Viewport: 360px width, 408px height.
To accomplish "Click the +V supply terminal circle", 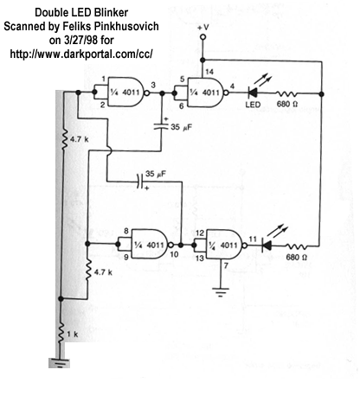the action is click(x=203, y=37).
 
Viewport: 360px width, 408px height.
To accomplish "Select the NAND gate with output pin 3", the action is click(x=127, y=92).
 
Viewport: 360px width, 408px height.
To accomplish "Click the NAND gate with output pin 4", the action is click(x=207, y=92).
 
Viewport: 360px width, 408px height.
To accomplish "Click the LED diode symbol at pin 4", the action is click(x=253, y=92).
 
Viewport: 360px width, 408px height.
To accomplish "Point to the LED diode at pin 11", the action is click(x=267, y=245).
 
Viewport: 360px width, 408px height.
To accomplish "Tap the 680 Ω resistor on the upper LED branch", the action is click(x=286, y=93).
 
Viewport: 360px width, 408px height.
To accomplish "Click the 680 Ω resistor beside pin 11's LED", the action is click(x=296, y=246).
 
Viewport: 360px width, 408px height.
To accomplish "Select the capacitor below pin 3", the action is click(x=161, y=126).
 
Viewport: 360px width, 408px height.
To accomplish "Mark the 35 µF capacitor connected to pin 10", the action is click(x=140, y=182).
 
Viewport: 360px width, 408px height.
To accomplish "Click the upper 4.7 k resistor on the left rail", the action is click(x=64, y=139).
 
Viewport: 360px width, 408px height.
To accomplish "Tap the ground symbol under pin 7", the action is click(x=221, y=291).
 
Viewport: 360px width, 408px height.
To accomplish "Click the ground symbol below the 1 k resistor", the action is click(x=60, y=362).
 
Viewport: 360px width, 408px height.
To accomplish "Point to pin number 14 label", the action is click(x=209, y=72).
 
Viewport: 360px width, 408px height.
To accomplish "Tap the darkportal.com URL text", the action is click(x=81, y=54).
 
